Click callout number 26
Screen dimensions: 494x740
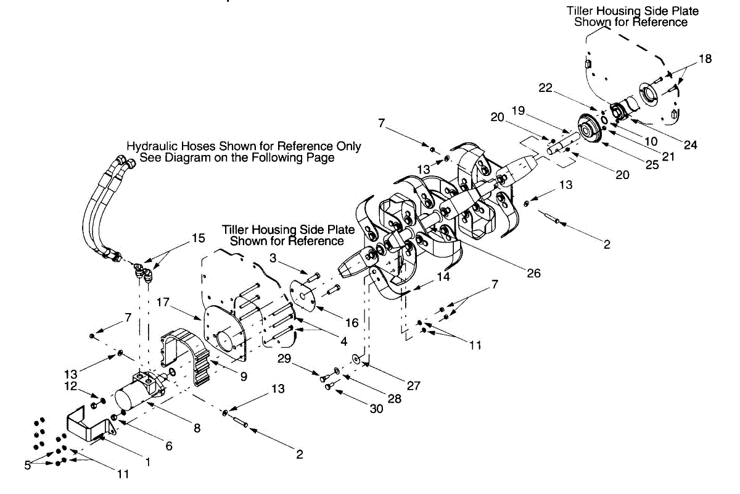[x=534, y=272]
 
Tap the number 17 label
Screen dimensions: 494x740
[x=163, y=304]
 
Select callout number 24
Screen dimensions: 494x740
[x=691, y=146]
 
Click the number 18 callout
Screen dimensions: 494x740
[x=705, y=59]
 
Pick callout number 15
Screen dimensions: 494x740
[x=198, y=238]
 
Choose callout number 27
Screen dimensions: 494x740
[x=414, y=387]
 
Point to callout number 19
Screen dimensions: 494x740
[x=518, y=111]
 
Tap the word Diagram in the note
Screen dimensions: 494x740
[x=200, y=157]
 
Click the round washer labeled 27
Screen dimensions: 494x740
[x=356, y=358]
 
